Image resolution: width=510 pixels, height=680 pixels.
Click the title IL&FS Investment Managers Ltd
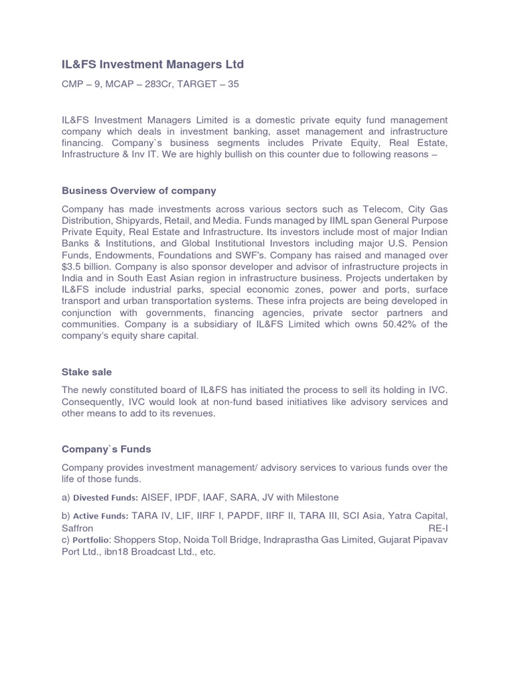[x=153, y=64]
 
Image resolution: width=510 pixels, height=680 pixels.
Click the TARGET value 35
[x=232, y=85]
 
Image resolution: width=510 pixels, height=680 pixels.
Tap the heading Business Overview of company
[x=139, y=191]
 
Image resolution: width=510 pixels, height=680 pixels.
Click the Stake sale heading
[x=87, y=372]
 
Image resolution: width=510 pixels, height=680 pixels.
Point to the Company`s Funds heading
[x=106, y=449]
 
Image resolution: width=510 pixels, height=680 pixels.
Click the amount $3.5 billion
[x=90, y=267]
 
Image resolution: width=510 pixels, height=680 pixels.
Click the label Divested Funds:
[x=106, y=497]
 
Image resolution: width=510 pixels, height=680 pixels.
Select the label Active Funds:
[x=101, y=516]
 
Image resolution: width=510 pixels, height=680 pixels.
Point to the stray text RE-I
[x=438, y=528]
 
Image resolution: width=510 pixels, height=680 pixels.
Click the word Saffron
[x=78, y=528]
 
